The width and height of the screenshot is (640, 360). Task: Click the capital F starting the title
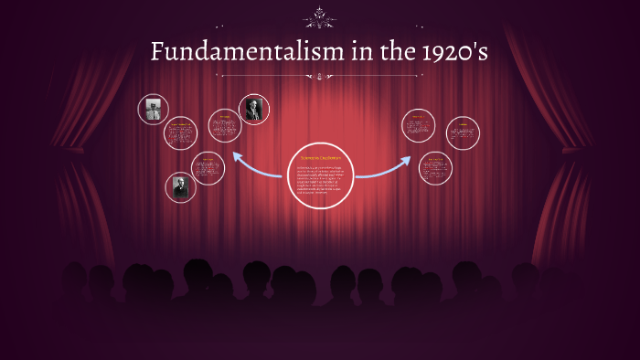[158, 53]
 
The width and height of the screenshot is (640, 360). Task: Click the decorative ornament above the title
[319, 16]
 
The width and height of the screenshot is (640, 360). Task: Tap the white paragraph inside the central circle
[319, 182]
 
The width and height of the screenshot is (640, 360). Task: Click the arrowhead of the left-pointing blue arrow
[238, 156]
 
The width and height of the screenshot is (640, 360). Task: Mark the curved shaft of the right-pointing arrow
[375, 173]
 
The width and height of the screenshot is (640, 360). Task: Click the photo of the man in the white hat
[153, 109]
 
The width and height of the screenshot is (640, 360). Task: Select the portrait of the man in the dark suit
[252, 109]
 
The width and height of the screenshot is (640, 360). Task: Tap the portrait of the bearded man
[181, 187]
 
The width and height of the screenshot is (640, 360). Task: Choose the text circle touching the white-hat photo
[180, 133]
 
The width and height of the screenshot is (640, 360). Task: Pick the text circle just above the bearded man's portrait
[208, 167]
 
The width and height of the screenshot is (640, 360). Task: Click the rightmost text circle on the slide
[463, 132]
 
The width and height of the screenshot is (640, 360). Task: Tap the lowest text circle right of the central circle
[434, 168]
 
